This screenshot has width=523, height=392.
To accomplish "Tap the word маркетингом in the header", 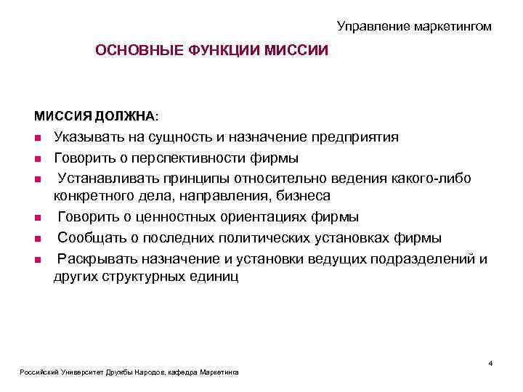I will pos(453,26).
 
